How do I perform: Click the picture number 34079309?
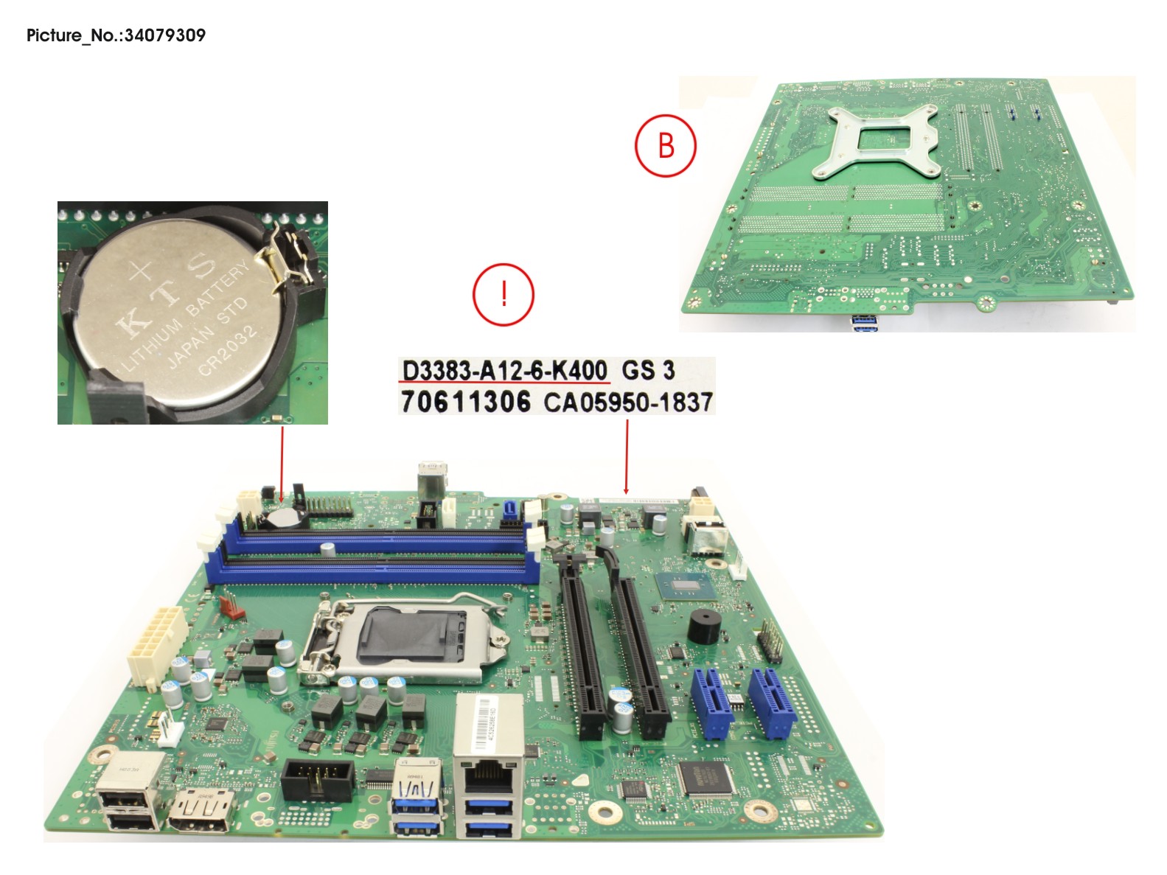coord(164,35)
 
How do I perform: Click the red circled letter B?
coord(665,145)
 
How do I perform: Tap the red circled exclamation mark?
coord(503,294)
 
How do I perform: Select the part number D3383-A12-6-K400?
coord(504,370)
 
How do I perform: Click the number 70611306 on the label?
coord(465,402)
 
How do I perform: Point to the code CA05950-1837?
coord(628,402)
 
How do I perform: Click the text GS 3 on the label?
coord(647,370)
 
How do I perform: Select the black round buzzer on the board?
coord(705,627)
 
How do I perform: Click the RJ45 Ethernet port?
coord(490,775)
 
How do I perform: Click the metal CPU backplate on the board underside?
coord(878,141)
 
